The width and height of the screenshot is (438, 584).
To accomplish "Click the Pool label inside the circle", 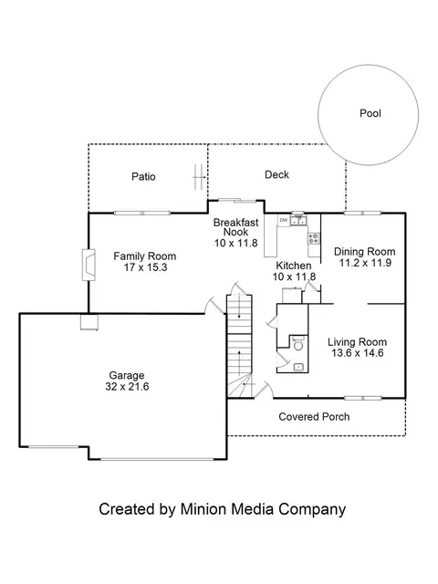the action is coord(370,113).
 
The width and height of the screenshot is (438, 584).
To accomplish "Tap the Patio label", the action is coord(143,176).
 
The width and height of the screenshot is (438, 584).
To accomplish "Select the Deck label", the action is coord(276,174).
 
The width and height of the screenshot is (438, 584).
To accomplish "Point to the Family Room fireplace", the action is coord(89,265).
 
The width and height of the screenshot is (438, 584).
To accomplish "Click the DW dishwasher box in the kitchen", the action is coord(284,220).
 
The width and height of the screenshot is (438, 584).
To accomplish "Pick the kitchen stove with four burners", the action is coord(314,238).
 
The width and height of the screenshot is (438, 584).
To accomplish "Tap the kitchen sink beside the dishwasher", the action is coord(298,220).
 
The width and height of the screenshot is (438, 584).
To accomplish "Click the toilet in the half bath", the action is coord(298,344).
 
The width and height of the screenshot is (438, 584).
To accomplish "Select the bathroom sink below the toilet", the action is coord(298,367).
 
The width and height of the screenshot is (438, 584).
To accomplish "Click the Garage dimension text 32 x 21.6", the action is coord(127,387).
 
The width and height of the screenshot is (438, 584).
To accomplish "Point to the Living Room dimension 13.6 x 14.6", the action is coord(358,353).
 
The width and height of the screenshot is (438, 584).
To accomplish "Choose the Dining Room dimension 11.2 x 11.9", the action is coord(365,263).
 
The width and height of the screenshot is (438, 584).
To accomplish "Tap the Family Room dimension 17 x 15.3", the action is coord(145,267).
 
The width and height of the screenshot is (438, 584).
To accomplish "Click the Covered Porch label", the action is coord(314,417).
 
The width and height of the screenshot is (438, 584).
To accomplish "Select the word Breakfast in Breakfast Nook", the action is coord(235,223).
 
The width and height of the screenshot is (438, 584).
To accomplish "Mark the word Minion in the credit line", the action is coord(203,509).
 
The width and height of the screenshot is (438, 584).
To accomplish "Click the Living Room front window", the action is coord(362,398).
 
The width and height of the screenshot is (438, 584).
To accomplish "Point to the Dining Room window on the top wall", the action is coord(362,214).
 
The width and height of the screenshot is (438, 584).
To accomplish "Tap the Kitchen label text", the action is coord(294,266).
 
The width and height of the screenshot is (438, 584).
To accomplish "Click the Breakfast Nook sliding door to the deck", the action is coord(237,201).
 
